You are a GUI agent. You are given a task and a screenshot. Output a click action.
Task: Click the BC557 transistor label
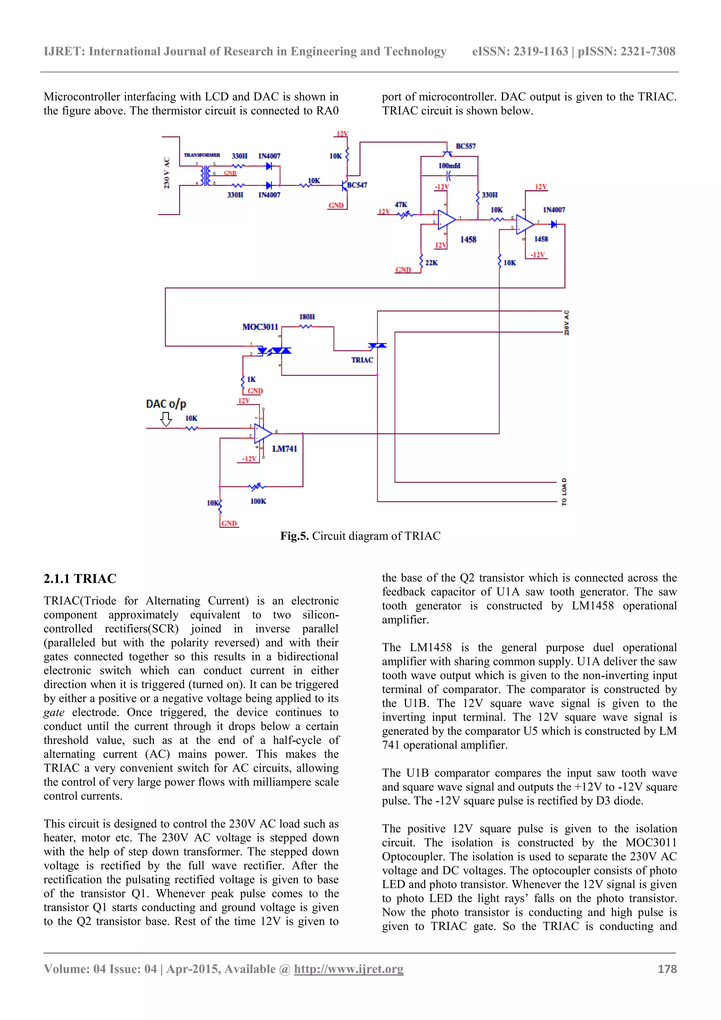coord(465,146)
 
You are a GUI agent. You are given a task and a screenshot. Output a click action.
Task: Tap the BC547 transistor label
coord(357,185)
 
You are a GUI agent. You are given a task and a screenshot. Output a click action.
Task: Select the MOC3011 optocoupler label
coord(260,327)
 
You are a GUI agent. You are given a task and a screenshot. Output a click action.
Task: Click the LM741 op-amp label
coord(284,449)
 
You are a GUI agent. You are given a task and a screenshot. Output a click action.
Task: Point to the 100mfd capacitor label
coord(449,166)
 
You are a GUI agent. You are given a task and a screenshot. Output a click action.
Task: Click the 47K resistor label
coord(401,204)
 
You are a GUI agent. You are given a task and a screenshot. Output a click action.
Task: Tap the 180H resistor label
coord(307,317)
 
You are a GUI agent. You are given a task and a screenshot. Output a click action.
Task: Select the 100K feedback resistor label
coord(258,501)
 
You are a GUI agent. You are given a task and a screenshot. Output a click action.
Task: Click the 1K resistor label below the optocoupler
coord(251,379)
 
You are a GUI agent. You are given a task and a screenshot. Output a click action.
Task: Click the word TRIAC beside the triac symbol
coord(362,360)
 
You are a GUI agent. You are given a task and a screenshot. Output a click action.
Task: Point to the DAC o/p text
coord(166,404)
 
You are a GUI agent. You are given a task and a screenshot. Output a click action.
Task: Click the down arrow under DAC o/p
coord(166,419)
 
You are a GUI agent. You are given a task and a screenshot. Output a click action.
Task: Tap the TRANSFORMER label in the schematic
coord(202,155)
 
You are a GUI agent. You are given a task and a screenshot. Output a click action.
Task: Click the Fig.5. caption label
coord(294,536)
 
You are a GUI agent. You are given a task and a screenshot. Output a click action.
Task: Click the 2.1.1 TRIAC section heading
coord(80,578)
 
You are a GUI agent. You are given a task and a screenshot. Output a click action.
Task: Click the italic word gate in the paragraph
coord(54,713)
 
